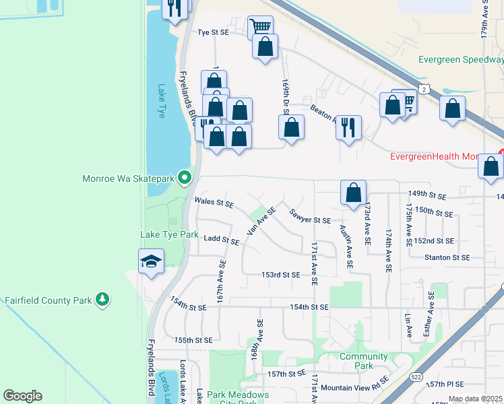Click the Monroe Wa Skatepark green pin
(185, 178)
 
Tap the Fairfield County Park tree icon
(102, 298)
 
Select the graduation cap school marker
(151, 261)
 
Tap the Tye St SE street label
(213, 32)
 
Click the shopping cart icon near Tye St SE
(260, 27)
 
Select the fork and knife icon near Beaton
(348, 127)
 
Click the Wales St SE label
(214, 201)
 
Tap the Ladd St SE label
(221, 239)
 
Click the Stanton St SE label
(446, 257)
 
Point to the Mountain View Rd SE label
(354, 387)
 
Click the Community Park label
(364, 361)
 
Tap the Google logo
(22, 395)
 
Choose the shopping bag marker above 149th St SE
(353, 192)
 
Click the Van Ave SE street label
(261, 220)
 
